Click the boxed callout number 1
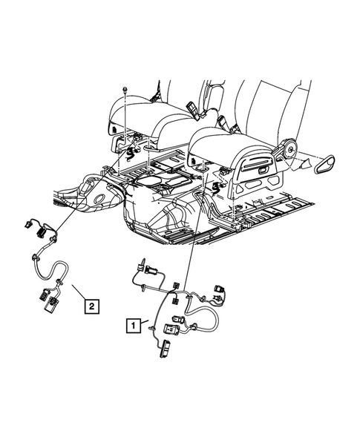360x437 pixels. [131, 324]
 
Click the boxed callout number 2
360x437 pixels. [90, 304]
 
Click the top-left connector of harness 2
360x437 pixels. [29, 222]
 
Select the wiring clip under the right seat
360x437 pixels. [220, 188]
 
